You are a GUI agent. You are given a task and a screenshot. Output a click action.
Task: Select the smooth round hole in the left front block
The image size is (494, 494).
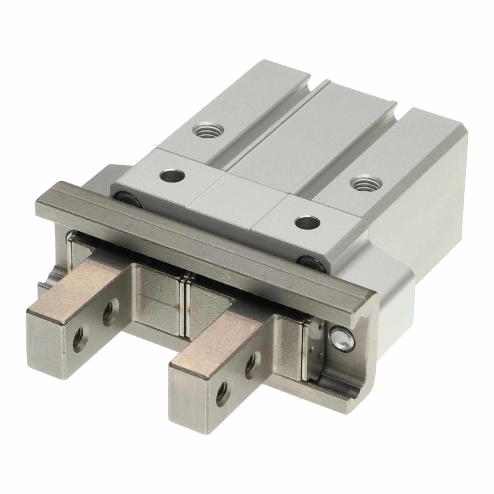tap(171, 176)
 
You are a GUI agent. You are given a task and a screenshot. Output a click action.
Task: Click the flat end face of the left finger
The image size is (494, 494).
tap(49, 361)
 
